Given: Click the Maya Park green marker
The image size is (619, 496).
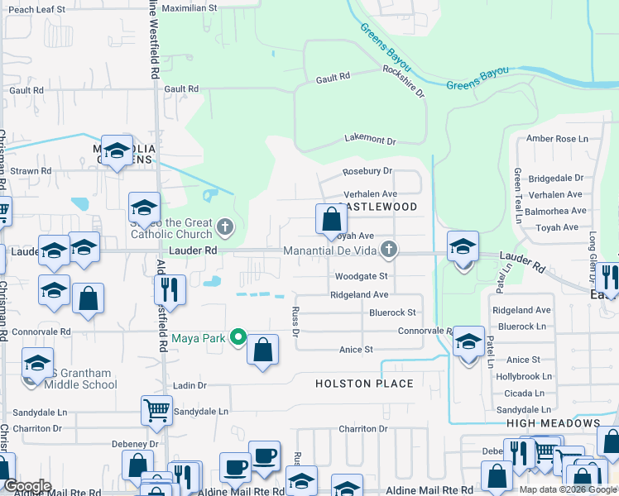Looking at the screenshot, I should pyautogui.click(x=238, y=336).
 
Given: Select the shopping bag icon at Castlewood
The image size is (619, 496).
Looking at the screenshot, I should pyautogui.click(x=330, y=220).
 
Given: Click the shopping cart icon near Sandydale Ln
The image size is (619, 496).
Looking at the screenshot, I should pyautogui.click(x=156, y=409).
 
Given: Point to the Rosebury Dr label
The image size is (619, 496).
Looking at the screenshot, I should pyautogui.click(x=367, y=171).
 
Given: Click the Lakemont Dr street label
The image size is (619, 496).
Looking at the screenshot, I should pyautogui.click(x=370, y=141).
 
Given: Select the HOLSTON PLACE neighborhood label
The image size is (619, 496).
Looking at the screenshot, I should pyautogui.click(x=364, y=384).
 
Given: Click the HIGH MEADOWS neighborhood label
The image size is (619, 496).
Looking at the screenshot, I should pyautogui.click(x=554, y=423).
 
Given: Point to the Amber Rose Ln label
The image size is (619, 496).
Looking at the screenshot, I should pyautogui.click(x=557, y=139).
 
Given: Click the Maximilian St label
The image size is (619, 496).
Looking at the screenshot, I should pyautogui.click(x=189, y=7).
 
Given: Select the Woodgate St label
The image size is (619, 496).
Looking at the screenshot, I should pyautogui.click(x=361, y=276).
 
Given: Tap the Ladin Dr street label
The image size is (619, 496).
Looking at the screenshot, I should pyautogui.click(x=190, y=386).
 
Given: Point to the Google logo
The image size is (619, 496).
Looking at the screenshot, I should pyautogui.click(x=26, y=486).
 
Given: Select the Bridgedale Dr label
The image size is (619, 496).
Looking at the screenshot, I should pyautogui.click(x=556, y=178).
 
